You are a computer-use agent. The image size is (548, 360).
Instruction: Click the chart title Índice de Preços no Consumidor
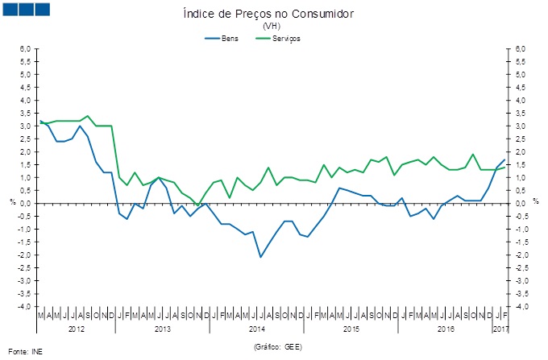point(269,14)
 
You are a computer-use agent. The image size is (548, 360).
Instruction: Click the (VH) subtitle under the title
point(271,27)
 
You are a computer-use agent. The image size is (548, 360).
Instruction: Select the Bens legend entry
point(230,38)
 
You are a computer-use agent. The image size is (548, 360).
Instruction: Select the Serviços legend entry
point(286,38)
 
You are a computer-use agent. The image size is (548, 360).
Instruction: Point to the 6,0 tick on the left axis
point(25,48)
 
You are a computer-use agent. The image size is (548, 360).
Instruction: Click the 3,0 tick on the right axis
point(521,126)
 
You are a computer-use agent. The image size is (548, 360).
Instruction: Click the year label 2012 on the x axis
point(77,329)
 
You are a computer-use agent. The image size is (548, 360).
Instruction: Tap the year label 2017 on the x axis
point(500,329)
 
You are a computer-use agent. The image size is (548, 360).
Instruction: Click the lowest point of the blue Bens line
point(260,257)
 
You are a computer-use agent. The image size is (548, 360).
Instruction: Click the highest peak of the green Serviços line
point(88,116)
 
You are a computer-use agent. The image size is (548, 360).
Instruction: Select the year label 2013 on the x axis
point(162,329)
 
